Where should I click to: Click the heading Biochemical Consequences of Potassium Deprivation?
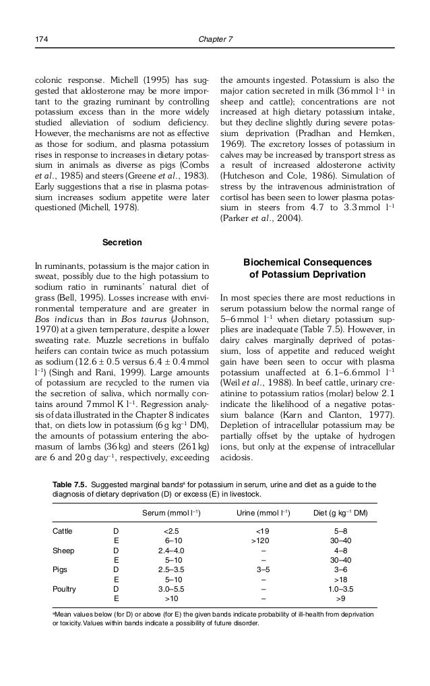coord(307,268)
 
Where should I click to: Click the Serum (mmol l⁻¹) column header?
coord(171,513)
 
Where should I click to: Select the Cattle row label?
coord(63,531)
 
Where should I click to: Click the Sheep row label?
coord(63,550)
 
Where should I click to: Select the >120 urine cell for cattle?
coord(262,540)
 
